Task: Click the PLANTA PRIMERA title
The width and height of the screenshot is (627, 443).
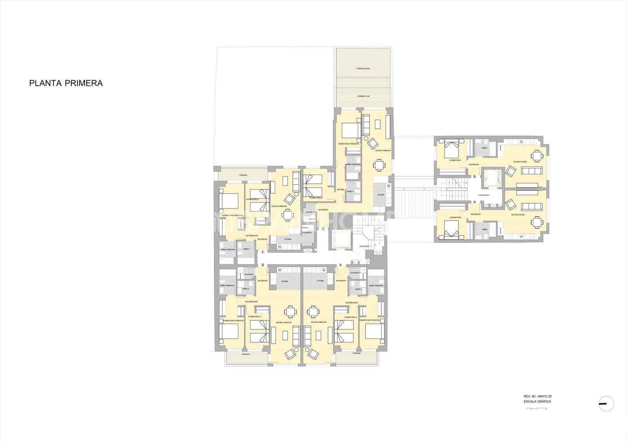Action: click(66, 83)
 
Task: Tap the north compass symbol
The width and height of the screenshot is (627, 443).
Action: click(606, 403)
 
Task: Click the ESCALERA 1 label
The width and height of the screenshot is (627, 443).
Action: click(365, 246)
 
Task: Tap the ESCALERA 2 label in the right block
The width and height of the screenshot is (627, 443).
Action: click(484, 195)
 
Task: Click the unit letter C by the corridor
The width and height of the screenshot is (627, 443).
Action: click(263, 252)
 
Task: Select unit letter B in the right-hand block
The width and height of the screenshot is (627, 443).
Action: click(475, 177)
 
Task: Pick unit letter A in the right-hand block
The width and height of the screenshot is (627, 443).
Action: click(475, 202)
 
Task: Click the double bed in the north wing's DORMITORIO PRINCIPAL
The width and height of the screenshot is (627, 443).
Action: click(350, 130)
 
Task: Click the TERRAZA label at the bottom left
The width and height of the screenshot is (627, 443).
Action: click(246, 354)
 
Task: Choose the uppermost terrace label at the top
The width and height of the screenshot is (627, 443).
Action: click(363, 69)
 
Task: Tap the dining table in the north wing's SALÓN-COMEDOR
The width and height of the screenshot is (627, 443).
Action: click(379, 165)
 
